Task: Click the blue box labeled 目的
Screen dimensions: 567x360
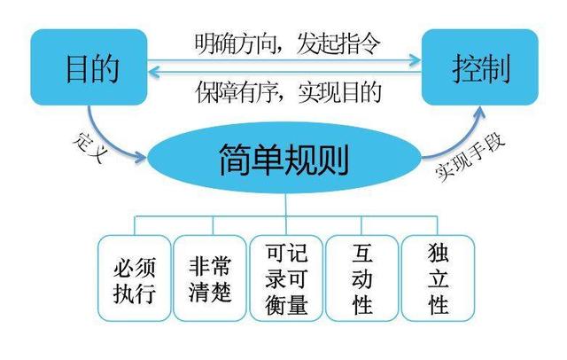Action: point(89,67)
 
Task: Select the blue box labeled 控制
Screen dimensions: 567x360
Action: point(480,67)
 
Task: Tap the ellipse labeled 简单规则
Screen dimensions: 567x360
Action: point(284,158)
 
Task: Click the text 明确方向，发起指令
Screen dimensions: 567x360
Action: point(287,43)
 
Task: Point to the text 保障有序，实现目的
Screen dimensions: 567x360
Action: point(289,92)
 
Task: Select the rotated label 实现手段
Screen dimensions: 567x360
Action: point(470,157)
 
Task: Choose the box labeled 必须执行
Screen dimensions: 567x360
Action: point(134,278)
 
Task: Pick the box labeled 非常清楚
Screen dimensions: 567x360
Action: point(210,278)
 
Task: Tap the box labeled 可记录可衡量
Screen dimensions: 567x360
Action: point(286,278)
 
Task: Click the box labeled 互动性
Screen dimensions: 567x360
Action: point(362,278)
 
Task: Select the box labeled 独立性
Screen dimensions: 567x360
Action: point(438,278)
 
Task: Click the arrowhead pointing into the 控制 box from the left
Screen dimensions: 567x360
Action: point(416,60)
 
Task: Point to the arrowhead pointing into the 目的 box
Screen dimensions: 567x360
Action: point(154,72)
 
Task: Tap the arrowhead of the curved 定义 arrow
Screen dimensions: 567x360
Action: point(141,157)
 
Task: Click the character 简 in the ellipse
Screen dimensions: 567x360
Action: point(235,160)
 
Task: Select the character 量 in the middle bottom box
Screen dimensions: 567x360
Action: point(297,305)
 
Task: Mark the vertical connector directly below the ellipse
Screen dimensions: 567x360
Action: point(285,205)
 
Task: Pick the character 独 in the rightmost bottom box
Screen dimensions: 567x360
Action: point(439,253)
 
